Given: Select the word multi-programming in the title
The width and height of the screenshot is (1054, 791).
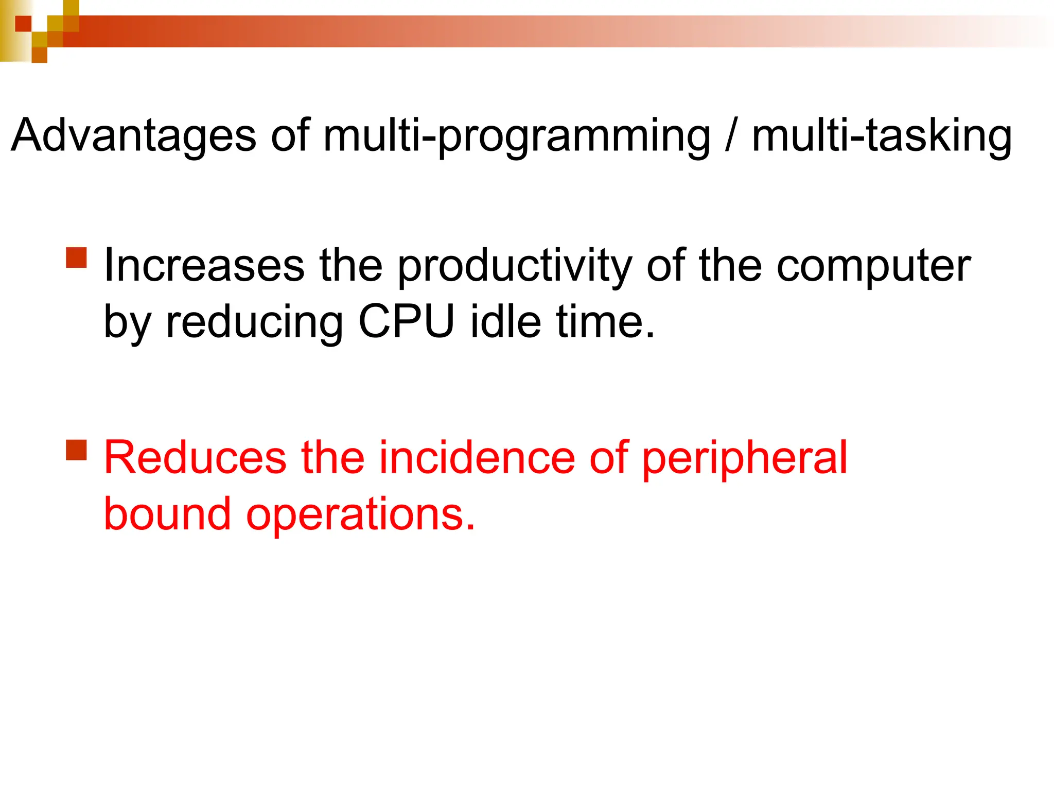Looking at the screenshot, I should [517, 135].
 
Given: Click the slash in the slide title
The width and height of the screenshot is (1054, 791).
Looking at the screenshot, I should [730, 135].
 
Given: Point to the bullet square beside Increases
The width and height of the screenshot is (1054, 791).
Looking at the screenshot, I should [77, 257].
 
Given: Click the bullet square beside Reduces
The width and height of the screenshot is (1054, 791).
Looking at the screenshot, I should [77, 450].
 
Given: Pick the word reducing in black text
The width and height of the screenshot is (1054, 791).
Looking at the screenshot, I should [254, 322].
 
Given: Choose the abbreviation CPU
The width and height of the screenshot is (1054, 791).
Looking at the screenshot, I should [407, 321].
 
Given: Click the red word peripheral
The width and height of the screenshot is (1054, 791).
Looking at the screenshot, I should [744, 458].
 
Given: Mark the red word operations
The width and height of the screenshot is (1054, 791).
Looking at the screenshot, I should [360, 515].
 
